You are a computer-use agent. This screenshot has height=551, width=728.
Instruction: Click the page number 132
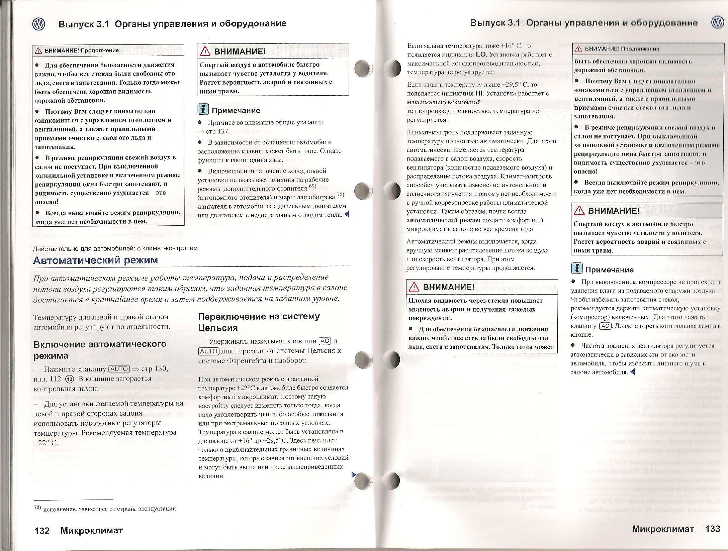pos(42,531)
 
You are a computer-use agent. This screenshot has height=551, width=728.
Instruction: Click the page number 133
pos(712,529)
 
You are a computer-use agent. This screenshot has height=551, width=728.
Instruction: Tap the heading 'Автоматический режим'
pos(95,260)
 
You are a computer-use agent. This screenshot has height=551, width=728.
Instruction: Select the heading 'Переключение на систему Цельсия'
pos(259,322)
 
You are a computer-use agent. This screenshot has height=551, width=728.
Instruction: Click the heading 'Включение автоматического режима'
pos(100,350)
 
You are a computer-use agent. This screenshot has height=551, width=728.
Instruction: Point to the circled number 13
pos(70,379)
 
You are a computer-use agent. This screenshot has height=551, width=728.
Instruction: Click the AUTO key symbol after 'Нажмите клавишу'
pos(119,369)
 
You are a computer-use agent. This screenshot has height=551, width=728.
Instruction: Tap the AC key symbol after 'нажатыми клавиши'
pos(325,341)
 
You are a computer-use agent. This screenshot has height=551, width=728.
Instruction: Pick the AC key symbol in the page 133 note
pos(605,326)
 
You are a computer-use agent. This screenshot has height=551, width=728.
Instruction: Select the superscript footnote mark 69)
pos(312,186)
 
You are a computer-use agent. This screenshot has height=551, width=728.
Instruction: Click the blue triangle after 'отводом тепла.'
pos(347,214)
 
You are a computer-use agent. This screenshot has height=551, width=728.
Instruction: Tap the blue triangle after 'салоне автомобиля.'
pos(632,372)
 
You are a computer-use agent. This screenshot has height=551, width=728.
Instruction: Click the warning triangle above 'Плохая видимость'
pos(414,287)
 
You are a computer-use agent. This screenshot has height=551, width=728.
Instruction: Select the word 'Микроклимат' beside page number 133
pos(663,529)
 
